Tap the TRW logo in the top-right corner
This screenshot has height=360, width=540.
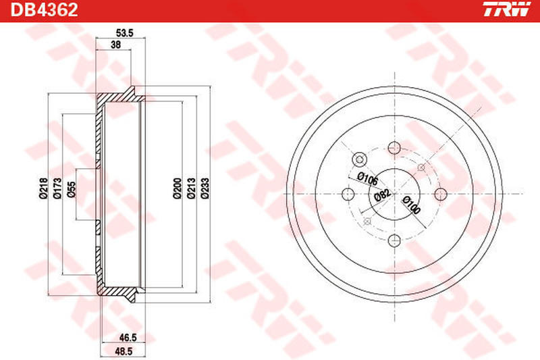tap(510, 10)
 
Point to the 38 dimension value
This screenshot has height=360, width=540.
tap(115, 45)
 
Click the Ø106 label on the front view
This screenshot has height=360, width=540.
tap(367, 178)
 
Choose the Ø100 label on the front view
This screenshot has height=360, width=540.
tap(410, 205)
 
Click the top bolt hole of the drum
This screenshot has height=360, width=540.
tap(394, 148)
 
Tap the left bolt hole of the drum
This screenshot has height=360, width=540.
tap(348, 194)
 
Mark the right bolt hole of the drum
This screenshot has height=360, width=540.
tap(440, 194)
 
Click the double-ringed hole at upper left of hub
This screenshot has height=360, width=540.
tap(359, 159)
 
